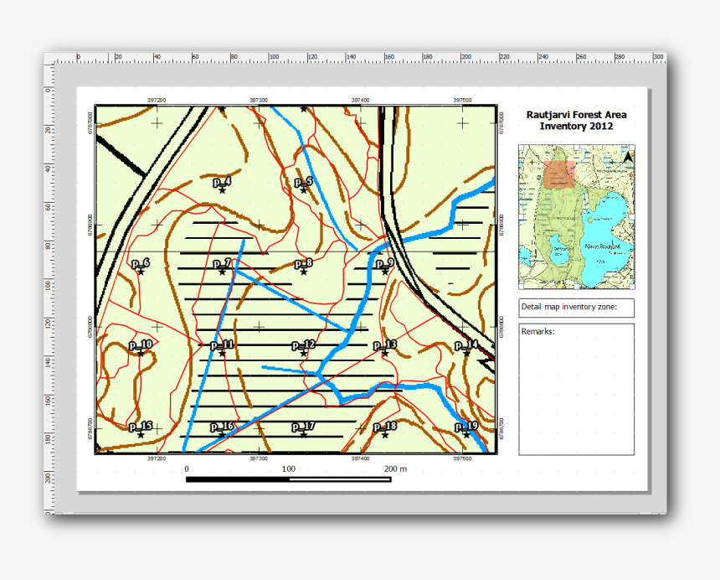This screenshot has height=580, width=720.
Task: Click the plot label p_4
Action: (x=222, y=181)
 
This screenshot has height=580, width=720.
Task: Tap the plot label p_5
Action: (x=303, y=181)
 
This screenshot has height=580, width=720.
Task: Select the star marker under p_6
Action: (x=141, y=272)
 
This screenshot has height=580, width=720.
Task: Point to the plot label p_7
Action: (x=222, y=263)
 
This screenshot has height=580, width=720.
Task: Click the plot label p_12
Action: (x=303, y=344)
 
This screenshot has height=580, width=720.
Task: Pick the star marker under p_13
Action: (x=385, y=353)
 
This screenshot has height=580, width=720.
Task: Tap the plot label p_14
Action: (x=466, y=344)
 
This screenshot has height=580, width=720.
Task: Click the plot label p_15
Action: (x=141, y=426)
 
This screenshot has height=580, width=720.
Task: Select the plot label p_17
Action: (x=303, y=426)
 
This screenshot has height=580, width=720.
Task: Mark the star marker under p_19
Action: (x=466, y=434)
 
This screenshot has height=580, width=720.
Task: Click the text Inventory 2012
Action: (x=575, y=127)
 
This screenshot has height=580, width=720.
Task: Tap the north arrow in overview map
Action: (x=627, y=156)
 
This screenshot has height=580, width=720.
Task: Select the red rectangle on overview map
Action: (x=559, y=173)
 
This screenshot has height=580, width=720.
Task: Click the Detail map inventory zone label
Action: (x=568, y=308)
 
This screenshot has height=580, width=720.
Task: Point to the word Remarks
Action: (x=537, y=331)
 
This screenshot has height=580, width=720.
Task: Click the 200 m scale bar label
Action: (x=395, y=469)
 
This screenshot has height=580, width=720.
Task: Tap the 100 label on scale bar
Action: (x=289, y=469)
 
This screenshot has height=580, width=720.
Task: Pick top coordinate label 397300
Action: (x=259, y=99)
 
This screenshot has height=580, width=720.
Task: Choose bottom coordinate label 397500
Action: (x=462, y=458)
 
